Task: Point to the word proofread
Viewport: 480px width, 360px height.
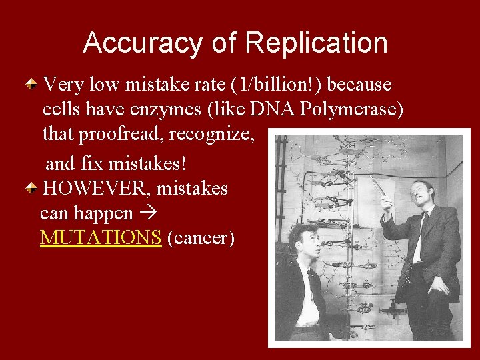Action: click(x=120, y=134)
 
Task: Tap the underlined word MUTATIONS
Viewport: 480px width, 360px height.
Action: click(x=101, y=237)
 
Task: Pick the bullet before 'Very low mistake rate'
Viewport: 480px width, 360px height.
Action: click(x=32, y=85)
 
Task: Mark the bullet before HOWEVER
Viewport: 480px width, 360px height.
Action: click(x=32, y=189)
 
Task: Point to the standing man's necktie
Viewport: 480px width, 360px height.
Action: click(x=419, y=237)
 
